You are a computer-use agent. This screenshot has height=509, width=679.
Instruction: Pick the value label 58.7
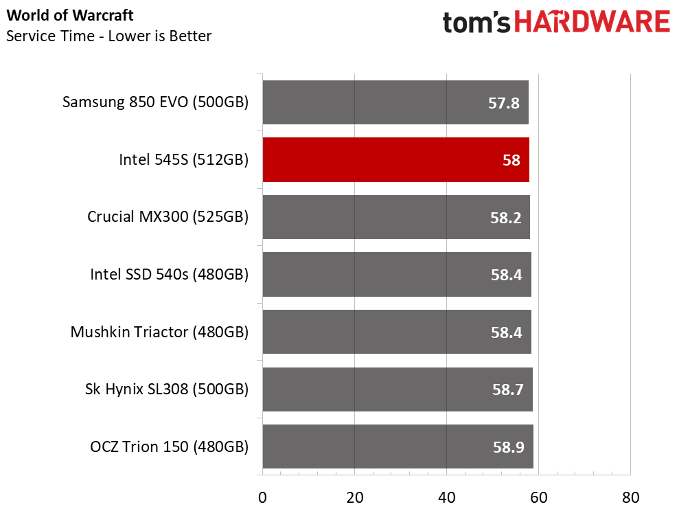click(x=507, y=390)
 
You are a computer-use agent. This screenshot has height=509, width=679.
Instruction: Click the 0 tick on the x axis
click(x=262, y=497)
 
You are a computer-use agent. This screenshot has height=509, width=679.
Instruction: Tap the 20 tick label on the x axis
click(x=354, y=497)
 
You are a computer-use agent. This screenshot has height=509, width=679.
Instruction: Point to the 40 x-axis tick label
click(x=446, y=497)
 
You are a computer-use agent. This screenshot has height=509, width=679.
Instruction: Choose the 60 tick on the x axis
click(x=538, y=497)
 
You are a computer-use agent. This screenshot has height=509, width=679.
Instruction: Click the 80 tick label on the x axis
click(x=630, y=497)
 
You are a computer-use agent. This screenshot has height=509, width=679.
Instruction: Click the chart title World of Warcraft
click(x=70, y=15)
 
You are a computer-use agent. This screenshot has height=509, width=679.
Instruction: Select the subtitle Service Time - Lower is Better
click(x=108, y=36)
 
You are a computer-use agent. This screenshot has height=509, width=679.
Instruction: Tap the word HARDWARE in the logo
click(x=592, y=23)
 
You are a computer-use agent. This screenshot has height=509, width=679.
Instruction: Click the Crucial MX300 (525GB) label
click(x=168, y=217)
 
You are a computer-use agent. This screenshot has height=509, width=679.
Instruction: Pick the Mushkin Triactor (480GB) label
click(x=159, y=332)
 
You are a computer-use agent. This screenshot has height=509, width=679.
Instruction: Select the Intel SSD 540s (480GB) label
click(x=169, y=275)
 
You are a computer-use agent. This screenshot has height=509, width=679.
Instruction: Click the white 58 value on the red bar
click(x=511, y=161)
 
